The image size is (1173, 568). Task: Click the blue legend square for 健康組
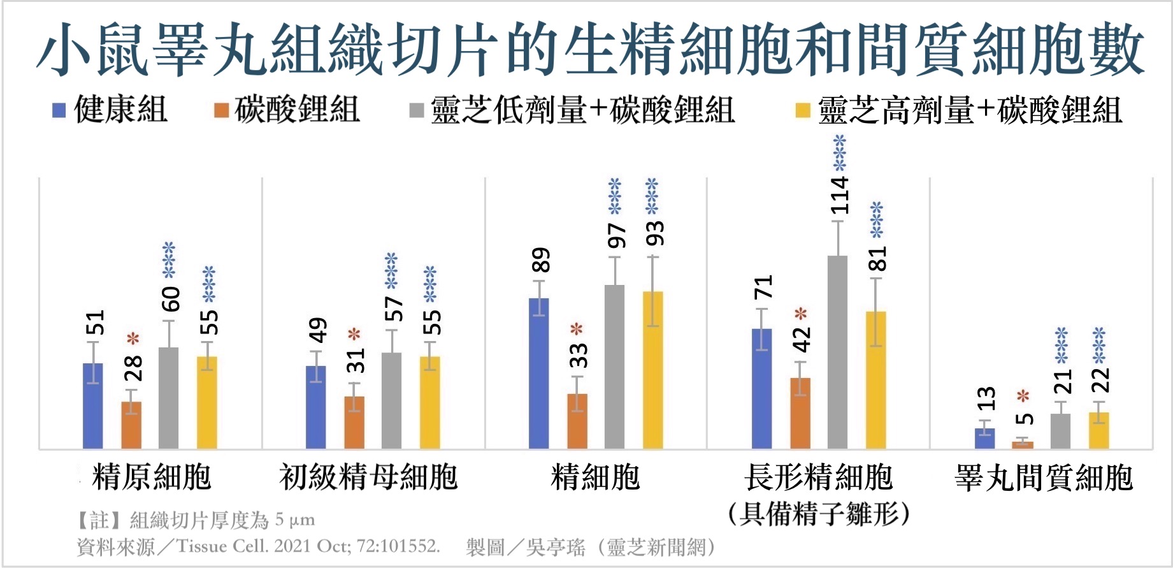(x=59, y=110)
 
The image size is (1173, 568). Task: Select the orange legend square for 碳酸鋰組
(x=221, y=110)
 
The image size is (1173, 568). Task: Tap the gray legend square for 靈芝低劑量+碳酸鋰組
(x=417, y=110)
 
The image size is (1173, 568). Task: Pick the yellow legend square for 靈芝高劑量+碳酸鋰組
(x=803, y=110)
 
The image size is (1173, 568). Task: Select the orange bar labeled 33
(x=577, y=421)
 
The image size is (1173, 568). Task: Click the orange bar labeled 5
(x=1023, y=445)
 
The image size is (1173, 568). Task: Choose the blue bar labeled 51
(x=93, y=406)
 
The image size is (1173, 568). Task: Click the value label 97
(x=617, y=236)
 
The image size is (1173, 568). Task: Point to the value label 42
(x=802, y=339)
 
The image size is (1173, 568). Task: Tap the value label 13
(x=986, y=399)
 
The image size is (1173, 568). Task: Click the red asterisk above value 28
(x=133, y=339)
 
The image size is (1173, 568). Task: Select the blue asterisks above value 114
(x=840, y=153)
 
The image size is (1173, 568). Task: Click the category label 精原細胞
(x=152, y=477)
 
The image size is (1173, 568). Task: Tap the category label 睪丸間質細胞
(x=1044, y=477)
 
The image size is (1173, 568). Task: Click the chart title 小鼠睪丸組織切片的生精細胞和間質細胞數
(x=589, y=49)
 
